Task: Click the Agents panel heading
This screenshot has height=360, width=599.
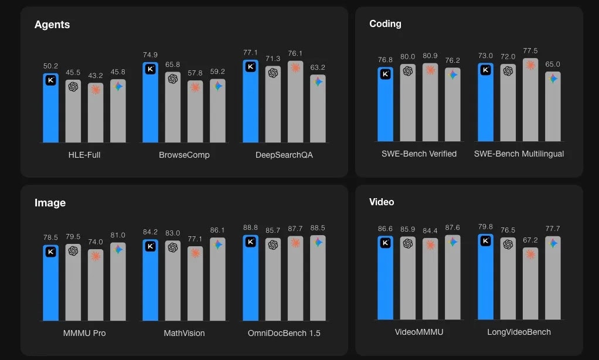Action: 52,25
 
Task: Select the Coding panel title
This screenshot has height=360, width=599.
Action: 385,23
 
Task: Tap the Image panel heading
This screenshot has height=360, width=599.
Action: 50,203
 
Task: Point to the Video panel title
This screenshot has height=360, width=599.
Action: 382,202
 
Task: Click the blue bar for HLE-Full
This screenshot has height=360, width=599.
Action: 50,108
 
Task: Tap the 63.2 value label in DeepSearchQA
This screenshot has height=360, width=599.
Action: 318,67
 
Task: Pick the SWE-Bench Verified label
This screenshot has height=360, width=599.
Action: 418,154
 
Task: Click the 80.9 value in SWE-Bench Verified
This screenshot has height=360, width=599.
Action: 430,56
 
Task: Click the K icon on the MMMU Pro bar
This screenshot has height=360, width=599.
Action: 51,252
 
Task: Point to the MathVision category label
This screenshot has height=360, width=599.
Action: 184,333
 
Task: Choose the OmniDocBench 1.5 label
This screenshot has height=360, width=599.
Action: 284,333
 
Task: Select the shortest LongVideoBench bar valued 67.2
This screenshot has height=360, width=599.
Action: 530,284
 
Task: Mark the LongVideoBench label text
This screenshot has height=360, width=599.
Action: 519,332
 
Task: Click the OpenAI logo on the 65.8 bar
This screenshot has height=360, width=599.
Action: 173,79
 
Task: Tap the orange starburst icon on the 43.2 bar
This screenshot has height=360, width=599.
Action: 95,89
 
